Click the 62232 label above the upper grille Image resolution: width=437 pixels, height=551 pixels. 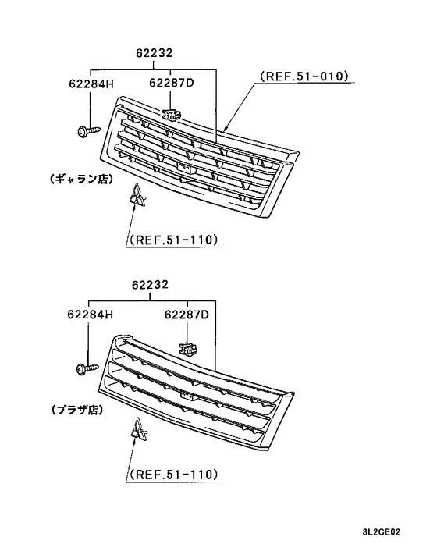point(152,53)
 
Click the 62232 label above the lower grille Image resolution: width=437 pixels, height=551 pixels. point(152,286)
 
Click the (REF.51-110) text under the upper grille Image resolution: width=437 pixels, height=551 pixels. point(172,240)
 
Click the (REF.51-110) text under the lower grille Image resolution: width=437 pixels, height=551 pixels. point(172,474)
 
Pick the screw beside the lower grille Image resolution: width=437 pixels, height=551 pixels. point(83,365)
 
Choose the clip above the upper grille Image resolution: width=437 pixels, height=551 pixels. point(171,114)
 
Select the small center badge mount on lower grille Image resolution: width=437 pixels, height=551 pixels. point(186,396)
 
